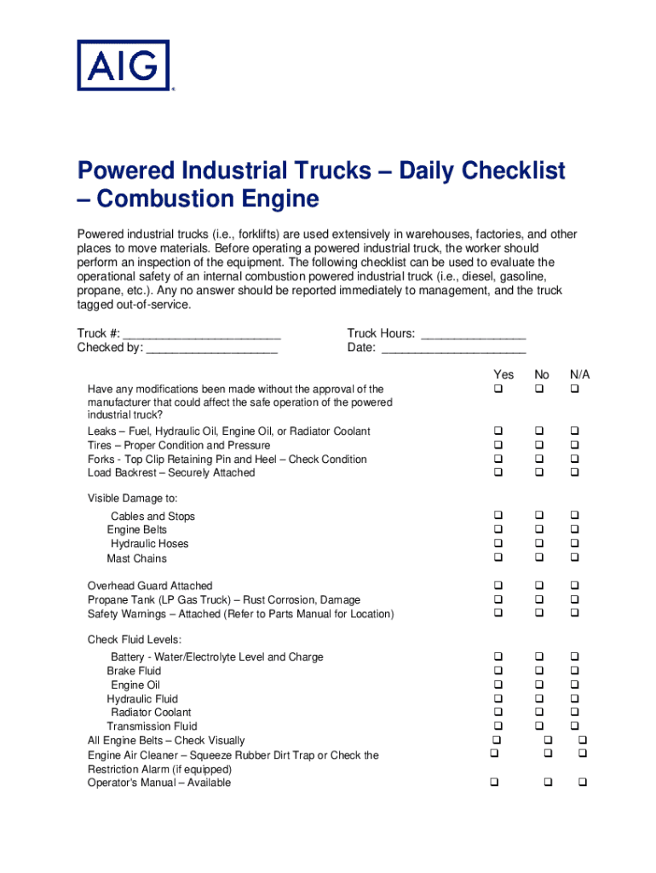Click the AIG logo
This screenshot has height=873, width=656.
[124, 65]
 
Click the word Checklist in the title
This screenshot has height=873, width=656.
[514, 171]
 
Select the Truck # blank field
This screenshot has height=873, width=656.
[202, 334]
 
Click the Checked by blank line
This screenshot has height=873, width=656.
[212, 348]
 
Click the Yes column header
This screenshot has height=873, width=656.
[504, 375]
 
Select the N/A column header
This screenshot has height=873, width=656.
[580, 375]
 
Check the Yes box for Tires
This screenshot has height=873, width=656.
[498, 445]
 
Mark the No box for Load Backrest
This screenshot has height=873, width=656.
[539, 472]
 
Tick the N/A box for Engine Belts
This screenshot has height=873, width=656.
[574, 529]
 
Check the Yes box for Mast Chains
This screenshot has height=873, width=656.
[498, 558]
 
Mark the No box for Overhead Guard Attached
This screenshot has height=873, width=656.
[539, 586]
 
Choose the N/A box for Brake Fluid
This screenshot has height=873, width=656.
[574, 671]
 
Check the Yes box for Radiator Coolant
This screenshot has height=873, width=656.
[498, 712]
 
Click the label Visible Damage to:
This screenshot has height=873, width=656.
[132, 498]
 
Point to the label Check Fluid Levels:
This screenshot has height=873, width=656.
[135, 639]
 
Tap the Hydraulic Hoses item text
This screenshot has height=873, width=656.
[150, 544]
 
